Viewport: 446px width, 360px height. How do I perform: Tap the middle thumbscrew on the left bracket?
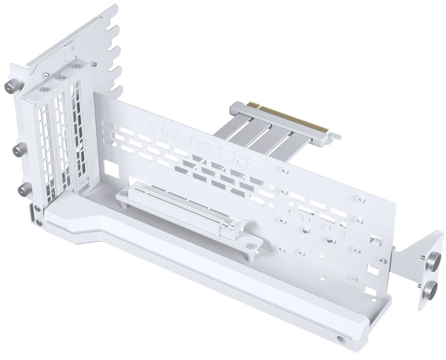click(x=19, y=147)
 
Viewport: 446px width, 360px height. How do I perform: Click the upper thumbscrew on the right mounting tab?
click(x=430, y=261)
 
